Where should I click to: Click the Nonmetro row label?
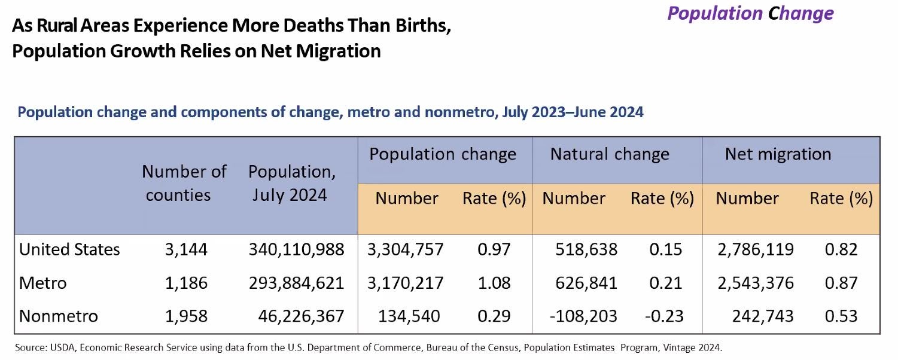[x=58, y=316]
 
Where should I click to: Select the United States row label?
[x=69, y=249]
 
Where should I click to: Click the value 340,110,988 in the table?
[x=296, y=249]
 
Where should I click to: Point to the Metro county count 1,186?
[x=186, y=282]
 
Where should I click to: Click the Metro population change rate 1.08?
[x=494, y=282]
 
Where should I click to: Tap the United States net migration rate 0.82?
[x=841, y=249]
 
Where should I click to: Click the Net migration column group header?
[x=778, y=154]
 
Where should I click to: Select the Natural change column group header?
[x=610, y=154]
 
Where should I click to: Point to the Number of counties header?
[x=184, y=183]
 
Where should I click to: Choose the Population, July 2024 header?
[x=291, y=183]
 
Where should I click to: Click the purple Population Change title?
[x=750, y=13]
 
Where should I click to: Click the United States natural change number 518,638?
[x=583, y=249]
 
